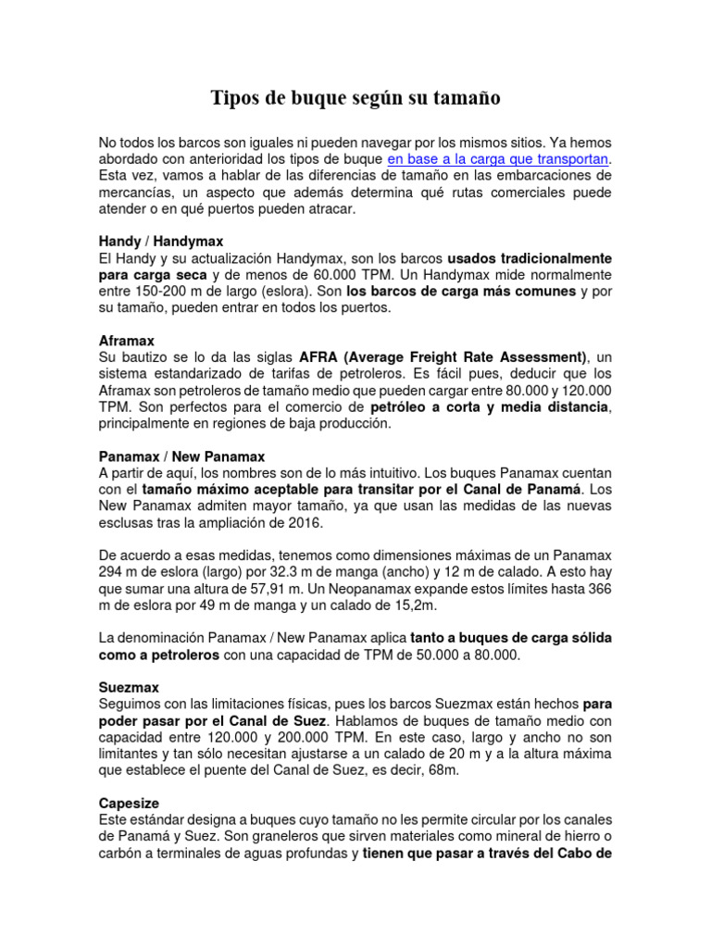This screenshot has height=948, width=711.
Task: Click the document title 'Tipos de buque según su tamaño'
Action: (x=355, y=97)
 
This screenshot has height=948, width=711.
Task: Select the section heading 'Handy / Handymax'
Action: (x=161, y=241)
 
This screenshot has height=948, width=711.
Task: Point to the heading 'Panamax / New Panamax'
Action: (x=181, y=456)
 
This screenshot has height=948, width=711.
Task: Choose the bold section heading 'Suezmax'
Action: (x=129, y=688)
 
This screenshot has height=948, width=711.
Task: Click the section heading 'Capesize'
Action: (x=131, y=804)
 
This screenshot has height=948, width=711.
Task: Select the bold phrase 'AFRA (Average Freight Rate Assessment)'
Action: (x=443, y=357)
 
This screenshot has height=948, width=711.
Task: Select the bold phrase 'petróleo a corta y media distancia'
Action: (x=490, y=406)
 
